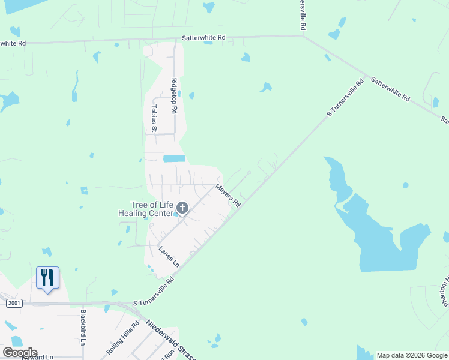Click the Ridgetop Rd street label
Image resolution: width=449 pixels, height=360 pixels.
(174, 96)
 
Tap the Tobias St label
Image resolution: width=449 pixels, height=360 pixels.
(154, 118)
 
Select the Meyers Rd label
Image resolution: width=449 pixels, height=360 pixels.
(228, 196)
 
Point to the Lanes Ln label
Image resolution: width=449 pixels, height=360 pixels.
(169, 256)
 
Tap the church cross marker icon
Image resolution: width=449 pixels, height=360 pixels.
(182, 208)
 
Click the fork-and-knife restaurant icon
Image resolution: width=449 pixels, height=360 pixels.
(47, 277)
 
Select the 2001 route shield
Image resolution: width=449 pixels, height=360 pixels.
(14, 304)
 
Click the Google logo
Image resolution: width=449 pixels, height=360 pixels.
(20, 353)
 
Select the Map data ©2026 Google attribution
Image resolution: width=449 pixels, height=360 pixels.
(412, 355)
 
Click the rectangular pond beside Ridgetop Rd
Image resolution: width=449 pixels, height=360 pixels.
(174, 159)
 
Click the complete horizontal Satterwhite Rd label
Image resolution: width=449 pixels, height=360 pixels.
(205, 37)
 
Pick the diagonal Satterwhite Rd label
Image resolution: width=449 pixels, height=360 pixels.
(390, 88)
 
